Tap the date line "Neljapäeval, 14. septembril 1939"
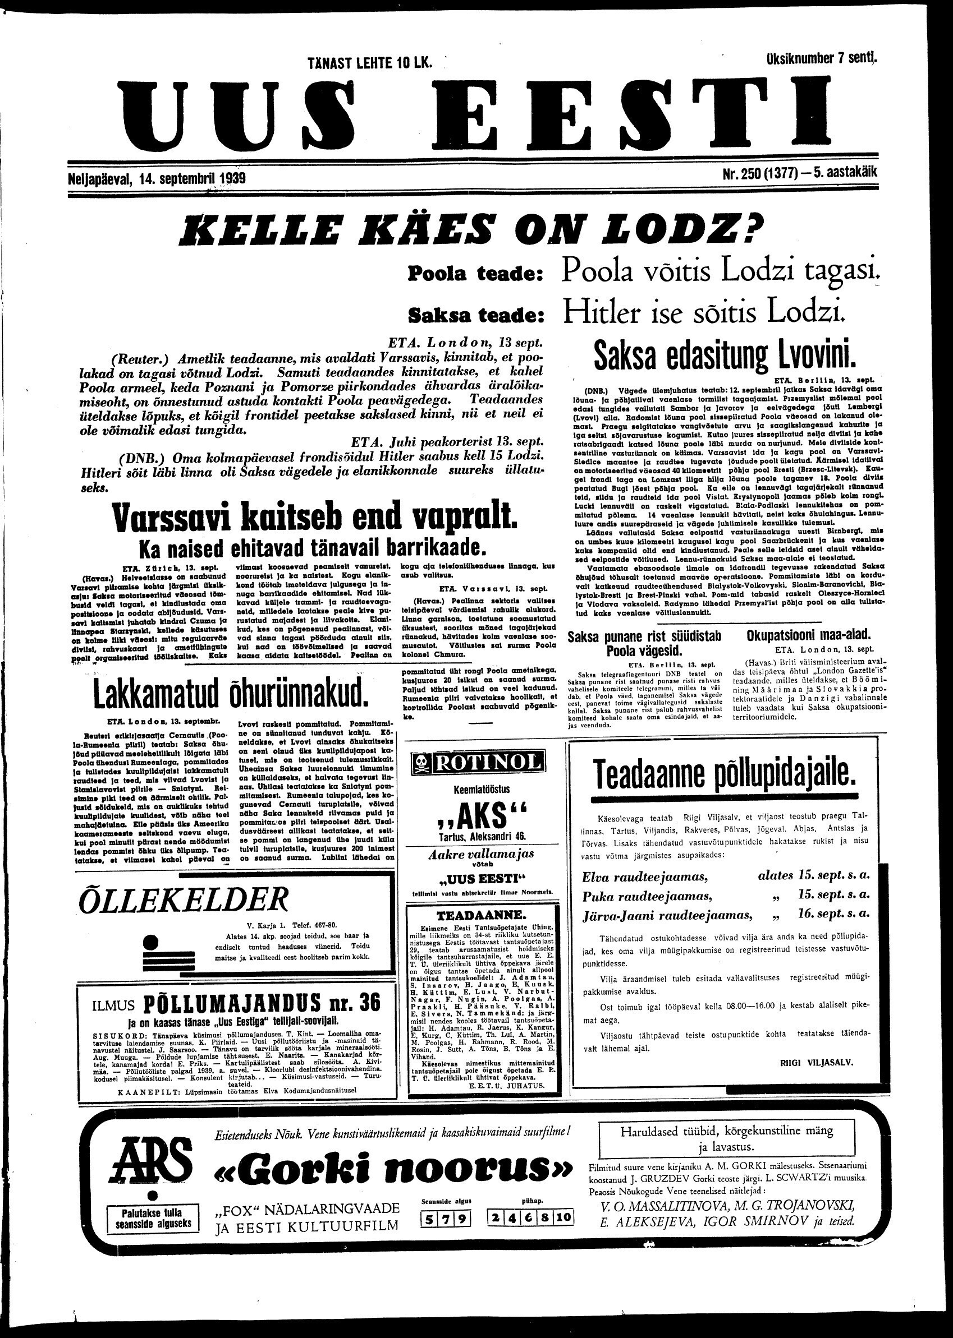pos(155,178)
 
